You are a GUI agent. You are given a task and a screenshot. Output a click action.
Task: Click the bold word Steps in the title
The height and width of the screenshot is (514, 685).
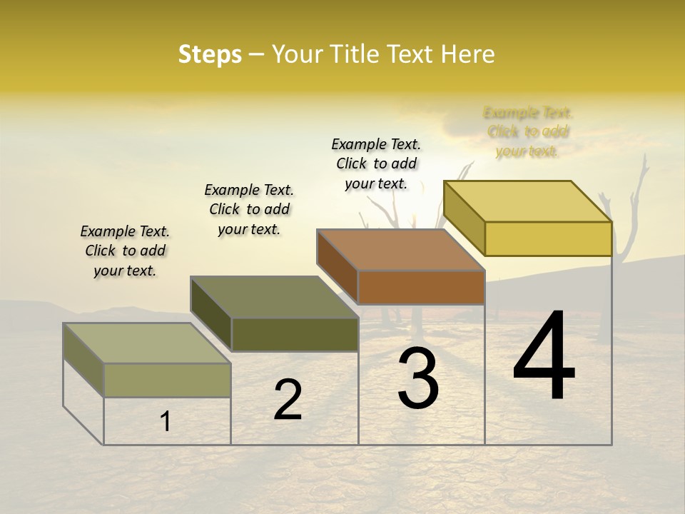tap(210, 54)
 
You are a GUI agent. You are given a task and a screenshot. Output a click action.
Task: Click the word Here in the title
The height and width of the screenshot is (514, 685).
tap(468, 54)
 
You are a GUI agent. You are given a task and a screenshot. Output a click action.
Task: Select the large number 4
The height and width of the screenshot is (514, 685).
tap(544, 357)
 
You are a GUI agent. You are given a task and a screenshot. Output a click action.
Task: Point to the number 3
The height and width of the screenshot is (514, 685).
tap(418, 378)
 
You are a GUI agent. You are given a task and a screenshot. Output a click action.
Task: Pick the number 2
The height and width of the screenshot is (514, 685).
tap(288, 400)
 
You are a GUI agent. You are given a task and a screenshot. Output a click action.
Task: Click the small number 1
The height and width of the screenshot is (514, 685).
tap(166, 422)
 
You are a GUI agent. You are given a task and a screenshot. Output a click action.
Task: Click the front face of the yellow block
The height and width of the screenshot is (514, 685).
tap(548, 238)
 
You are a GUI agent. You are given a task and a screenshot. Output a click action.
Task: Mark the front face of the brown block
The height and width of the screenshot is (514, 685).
tap(421, 287)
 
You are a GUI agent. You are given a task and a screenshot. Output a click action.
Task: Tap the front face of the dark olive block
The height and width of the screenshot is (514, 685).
tap(295, 334)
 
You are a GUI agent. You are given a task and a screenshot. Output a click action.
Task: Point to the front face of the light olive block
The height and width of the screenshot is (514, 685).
tap(168, 380)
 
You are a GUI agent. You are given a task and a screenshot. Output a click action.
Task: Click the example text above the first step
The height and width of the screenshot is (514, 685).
tap(125, 251)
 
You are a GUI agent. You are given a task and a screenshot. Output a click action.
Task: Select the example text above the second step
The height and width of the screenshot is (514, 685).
tap(249, 209)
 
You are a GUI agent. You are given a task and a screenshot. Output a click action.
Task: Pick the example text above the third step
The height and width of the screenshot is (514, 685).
tap(376, 163)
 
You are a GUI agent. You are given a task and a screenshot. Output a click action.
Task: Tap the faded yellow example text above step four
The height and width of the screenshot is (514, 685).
tap(528, 132)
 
